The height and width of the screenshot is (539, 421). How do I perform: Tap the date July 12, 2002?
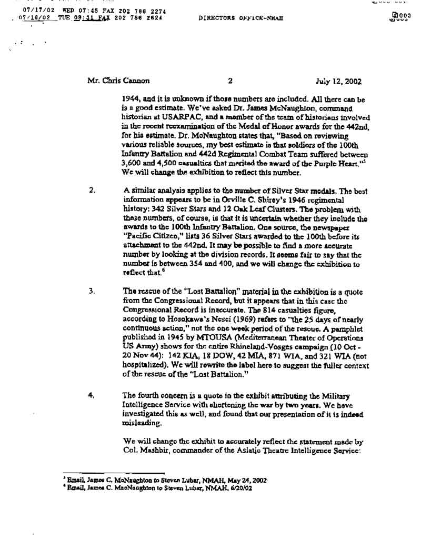(x=338, y=82)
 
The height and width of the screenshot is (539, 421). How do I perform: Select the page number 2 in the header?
(x=230, y=82)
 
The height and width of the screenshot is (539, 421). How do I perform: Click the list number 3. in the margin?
(x=92, y=290)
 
